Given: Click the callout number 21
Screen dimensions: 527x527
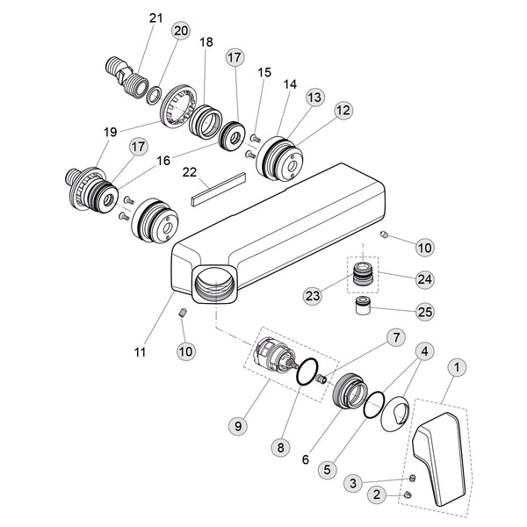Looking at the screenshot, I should (x=156, y=18).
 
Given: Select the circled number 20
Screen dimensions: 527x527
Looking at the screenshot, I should (x=181, y=31).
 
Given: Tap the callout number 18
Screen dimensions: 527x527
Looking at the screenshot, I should (x=206, y=43).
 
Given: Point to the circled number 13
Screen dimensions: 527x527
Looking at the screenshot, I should (x=315, y=96).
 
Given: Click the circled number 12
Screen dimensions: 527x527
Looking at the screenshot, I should (x=343, y=110).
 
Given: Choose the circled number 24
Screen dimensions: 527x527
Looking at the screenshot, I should (x=424, y=279).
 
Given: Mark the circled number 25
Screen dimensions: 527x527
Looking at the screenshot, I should (x=424, y=311).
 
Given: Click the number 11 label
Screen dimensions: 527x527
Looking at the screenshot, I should (x=139, y=352).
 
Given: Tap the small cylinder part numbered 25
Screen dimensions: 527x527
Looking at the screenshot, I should (x=362, y=310).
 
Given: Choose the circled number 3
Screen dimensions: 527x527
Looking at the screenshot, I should (x=351, y=482).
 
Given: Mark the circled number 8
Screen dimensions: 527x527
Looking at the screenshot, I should (x=282, y=446).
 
